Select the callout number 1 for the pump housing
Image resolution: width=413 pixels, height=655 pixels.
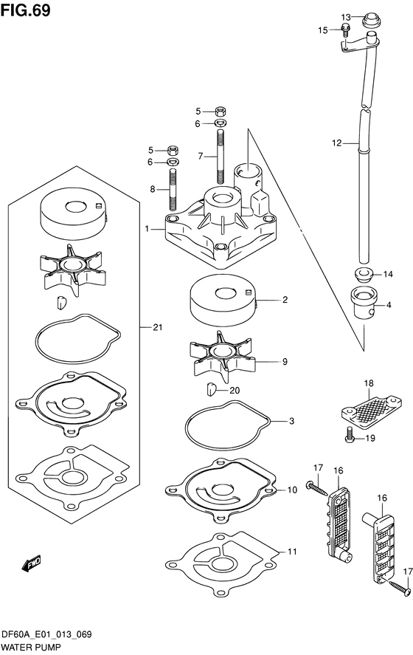point(148,230)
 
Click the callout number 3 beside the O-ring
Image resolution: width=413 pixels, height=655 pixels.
point(291,422)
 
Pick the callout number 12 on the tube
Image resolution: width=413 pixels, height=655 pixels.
point(336,144)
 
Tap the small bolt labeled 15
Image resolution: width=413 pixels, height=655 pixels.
point(345,30)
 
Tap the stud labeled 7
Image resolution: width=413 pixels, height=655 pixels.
point(221,154)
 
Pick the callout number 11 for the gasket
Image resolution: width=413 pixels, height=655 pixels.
point(291,551)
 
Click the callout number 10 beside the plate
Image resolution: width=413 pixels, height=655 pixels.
point(292,490)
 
